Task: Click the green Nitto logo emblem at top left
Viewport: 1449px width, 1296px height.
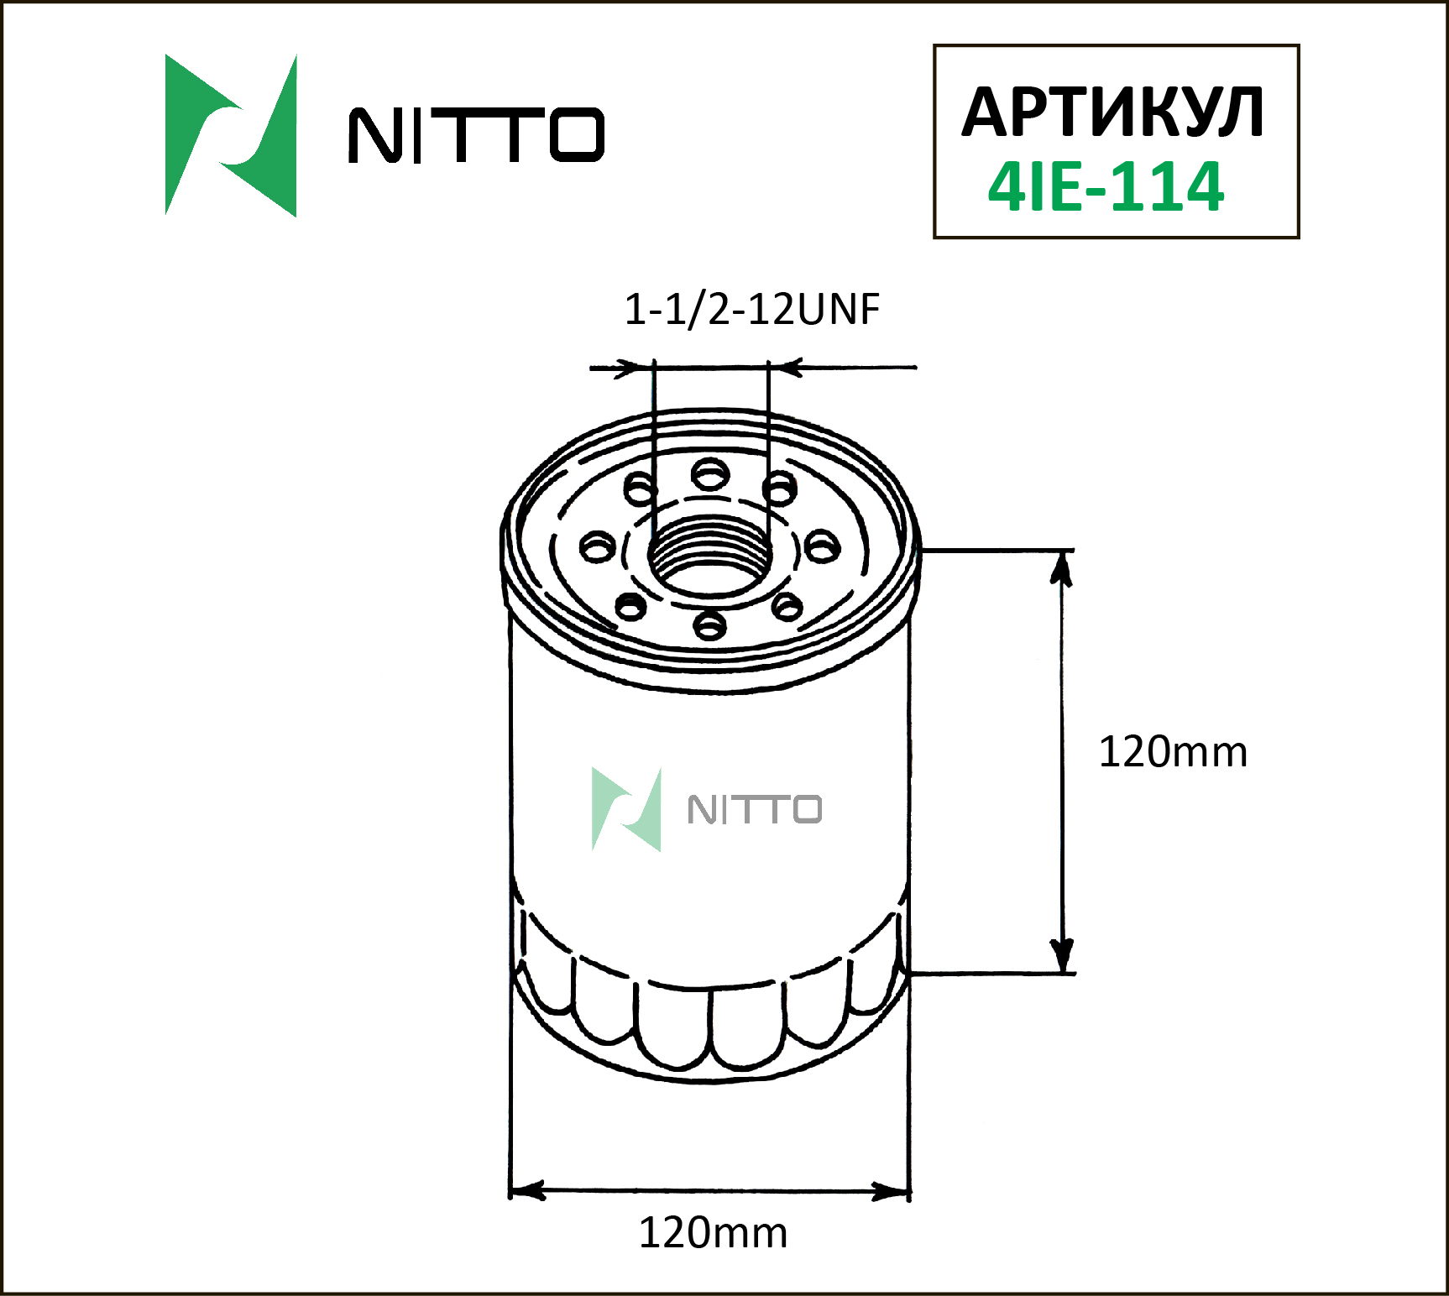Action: pyautogui.click(x=231, y=136)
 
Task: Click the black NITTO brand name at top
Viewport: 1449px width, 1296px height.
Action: pyautogui.click(x=476, y=134)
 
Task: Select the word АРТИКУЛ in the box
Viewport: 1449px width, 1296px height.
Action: pyautogui.click(x=1112, y=112)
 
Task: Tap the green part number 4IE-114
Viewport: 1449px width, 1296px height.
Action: pyautogui.click(x=1106, y=186)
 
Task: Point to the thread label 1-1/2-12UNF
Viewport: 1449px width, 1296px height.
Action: pyautogui.click(x=751, y=309)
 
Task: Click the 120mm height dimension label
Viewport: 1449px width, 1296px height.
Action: pyautogui.click(x=1173, y=752)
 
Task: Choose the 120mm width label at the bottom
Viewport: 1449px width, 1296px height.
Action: pyautogui.click(x=713, y=1233)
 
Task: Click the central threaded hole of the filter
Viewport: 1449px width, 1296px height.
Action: pyautogui.click(x=711, y=556)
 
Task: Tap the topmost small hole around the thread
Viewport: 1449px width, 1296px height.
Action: pyautogui.click(x=710, y=475)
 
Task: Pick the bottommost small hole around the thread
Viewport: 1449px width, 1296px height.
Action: pyautogui.click(x=710, y=624)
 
